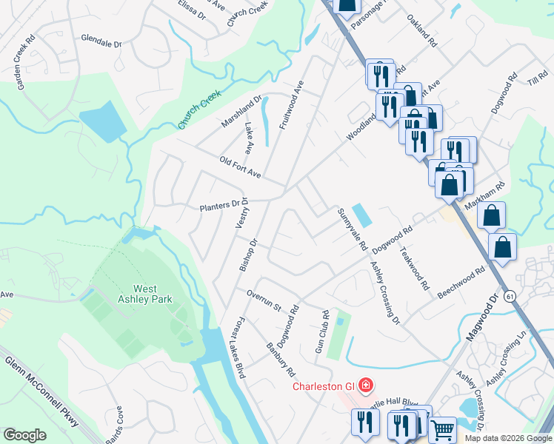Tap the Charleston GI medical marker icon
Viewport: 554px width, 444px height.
364,385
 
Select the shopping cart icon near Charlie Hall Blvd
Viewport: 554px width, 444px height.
442,428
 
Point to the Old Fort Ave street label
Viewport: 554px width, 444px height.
241,167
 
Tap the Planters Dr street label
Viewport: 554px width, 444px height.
223,205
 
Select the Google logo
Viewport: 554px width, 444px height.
25,434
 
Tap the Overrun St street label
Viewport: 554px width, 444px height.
264,300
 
